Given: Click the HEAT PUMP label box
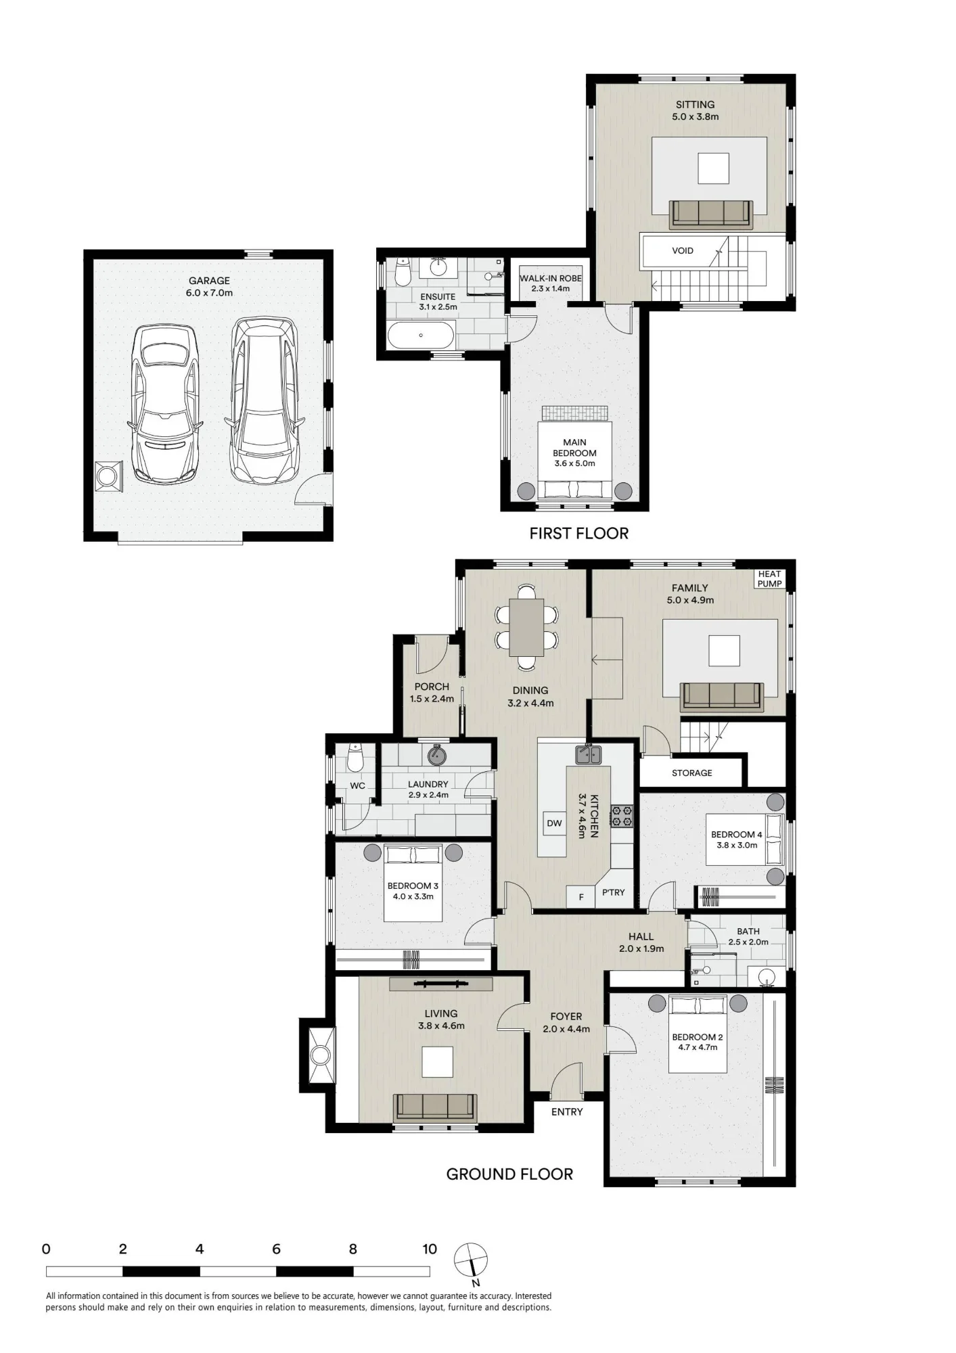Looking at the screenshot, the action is (769, 579).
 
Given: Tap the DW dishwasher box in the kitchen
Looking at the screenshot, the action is (554, 823).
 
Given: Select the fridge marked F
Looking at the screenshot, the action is (581, 897).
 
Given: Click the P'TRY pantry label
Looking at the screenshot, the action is (613, 893).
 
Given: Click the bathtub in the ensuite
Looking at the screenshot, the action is (421, 335).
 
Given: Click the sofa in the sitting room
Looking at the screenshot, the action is (710, 214).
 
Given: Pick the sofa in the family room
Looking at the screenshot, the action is (722, 696).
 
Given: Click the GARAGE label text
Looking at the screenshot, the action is (209, 281).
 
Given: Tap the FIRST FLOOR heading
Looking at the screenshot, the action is (579, 534).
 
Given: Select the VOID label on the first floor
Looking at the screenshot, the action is (683, 250).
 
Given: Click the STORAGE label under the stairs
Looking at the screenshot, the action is (692, 773).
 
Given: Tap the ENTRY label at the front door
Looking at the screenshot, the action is (567, 1111).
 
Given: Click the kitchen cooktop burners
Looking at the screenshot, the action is (622, 815).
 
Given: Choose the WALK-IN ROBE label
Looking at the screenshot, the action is (551, 278).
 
